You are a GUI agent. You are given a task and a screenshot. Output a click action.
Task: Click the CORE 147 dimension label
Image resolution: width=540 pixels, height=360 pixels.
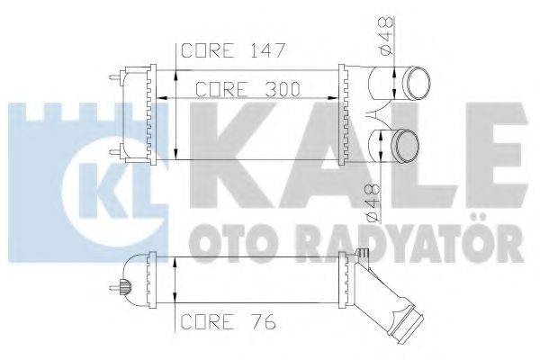232,51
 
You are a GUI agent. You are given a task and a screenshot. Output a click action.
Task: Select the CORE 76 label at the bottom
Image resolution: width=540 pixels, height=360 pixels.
226,319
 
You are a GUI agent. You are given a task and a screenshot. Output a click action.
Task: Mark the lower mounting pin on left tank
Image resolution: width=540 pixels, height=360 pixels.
113,150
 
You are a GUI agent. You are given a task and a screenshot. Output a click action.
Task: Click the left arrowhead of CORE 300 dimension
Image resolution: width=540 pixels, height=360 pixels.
160,95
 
